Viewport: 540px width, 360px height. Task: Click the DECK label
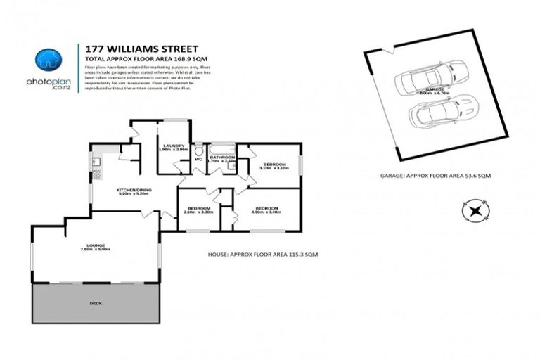(96, 303)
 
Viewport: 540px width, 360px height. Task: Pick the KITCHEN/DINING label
(134, 191)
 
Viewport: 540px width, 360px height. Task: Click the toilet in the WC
(198, 151)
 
